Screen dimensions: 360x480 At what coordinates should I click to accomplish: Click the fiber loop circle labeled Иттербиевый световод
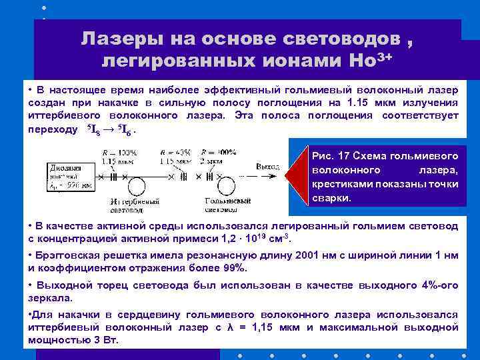(x=136, y=184)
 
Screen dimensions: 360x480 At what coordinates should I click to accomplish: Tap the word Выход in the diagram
(x=267, y=165)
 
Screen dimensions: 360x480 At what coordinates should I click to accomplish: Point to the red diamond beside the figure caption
(x=288, y=177)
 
